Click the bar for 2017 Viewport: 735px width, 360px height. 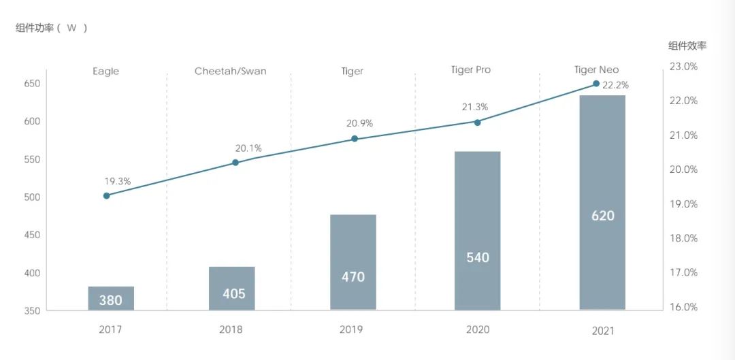[x=111, y=298]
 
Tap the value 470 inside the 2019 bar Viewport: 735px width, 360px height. [x=353, y=277]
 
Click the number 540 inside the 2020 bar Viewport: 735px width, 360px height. [x=478, y=258]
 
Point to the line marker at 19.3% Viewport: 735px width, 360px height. [x=107, y=195]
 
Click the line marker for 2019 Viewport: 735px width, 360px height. [x=355, y=139]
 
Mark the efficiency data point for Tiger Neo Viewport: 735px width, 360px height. [x=596, y=84]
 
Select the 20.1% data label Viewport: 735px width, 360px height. [x=248, y=148]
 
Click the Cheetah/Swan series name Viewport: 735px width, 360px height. [x=230, y=71]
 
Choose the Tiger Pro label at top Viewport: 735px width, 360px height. [x=471, y=69]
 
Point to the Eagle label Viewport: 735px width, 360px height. [x=105, y=71]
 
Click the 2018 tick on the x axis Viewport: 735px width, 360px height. [x=231, y=330]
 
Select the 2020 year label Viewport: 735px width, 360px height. [x=478, y=330]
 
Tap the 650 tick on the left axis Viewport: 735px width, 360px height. [x=32, y=84]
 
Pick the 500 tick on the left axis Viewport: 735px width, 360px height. [x=32, y=197]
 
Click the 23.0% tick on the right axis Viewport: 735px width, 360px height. [x=683, y=67]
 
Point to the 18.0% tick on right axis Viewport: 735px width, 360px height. [x=683, y=238]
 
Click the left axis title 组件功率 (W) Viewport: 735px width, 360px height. [x=52, y=28]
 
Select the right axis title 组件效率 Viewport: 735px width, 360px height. [x=687, y=46]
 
